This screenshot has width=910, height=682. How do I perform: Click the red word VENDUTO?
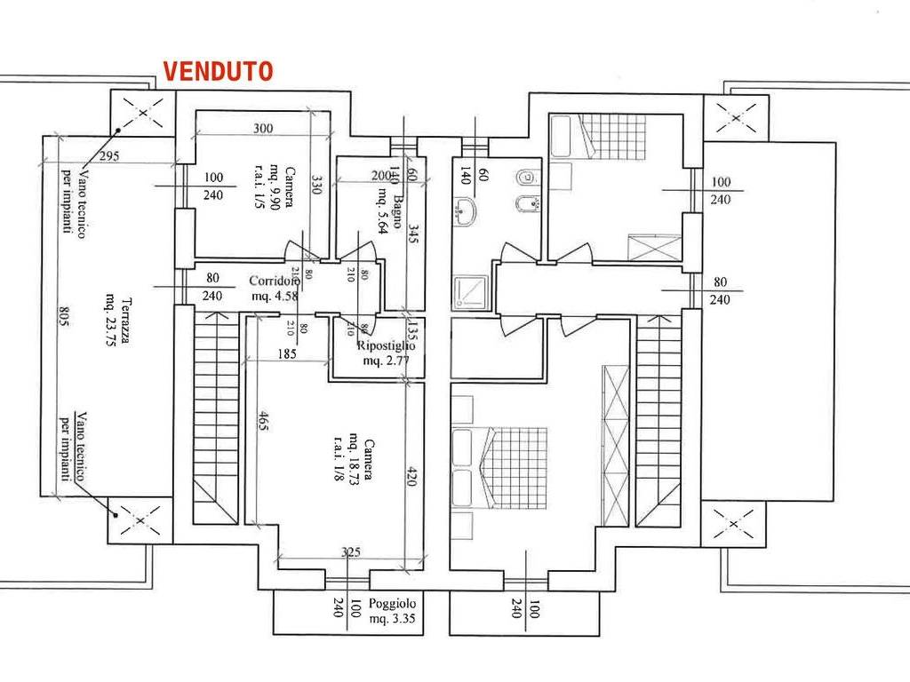click(217, 72)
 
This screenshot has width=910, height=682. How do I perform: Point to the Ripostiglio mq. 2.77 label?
click(385, 353)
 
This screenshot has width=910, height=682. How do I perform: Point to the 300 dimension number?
click(262, 129)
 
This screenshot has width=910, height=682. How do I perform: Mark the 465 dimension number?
click(265, 425)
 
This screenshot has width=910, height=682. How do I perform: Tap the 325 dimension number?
click(351, 552)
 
